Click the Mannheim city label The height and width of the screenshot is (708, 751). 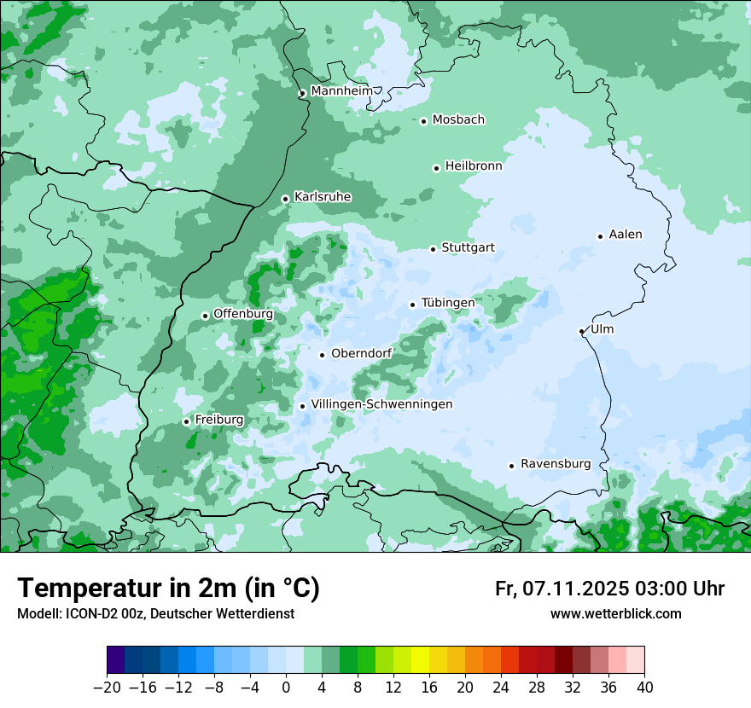(341, 91)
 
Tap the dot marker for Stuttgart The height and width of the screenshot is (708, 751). (433, 249)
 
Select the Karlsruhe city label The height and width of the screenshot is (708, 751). (323, 197)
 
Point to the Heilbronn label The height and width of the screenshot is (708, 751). (474, 166)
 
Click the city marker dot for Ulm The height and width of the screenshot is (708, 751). (581, 331)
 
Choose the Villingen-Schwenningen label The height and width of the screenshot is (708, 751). (381, 404)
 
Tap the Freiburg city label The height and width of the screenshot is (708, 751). (218, 420)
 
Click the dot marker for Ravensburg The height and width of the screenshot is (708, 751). (511, 466)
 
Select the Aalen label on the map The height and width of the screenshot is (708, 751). (626, 235)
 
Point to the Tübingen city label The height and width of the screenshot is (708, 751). (448, 303)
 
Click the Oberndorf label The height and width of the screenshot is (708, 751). (361, 354)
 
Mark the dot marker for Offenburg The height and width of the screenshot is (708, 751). (205, 316)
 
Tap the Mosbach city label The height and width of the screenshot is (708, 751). (458, 119)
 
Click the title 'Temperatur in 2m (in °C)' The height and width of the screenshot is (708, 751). (168, 588)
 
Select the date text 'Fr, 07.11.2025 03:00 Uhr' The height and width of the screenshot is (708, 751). (609, 589)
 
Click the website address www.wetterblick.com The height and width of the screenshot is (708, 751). (615, 613)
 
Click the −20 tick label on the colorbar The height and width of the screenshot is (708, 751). (107, 688)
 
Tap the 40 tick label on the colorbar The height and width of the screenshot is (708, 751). (643, 688)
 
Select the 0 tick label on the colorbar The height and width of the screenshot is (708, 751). (286, 688)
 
